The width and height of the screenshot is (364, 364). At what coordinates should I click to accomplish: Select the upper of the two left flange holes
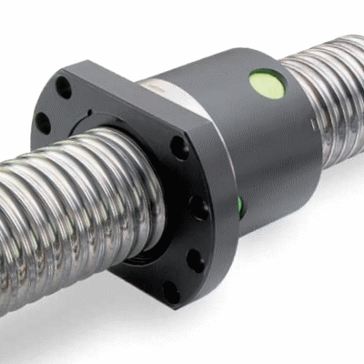pos(63,88)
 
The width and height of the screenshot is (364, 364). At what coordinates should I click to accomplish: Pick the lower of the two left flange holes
pos(43,122)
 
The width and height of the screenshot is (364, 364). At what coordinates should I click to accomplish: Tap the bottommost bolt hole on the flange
pos(170,292)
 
